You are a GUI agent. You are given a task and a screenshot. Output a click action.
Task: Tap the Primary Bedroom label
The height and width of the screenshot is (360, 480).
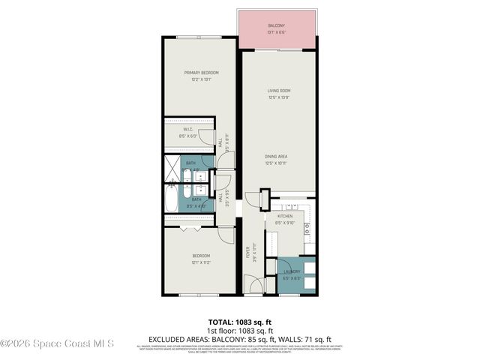(201, 73)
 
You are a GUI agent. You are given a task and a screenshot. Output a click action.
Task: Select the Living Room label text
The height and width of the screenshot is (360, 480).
(279, 91)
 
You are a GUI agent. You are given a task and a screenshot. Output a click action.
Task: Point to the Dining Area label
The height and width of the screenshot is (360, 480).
(279, 157)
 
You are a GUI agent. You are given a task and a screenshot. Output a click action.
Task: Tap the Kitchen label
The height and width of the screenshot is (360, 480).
(284, 216)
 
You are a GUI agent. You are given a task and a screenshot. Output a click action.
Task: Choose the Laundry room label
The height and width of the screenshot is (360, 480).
(291, 271)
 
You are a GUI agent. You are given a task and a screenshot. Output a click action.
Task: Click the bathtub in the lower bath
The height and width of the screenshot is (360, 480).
(172, 200)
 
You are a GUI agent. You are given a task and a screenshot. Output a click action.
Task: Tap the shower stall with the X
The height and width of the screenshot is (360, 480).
(172, 163)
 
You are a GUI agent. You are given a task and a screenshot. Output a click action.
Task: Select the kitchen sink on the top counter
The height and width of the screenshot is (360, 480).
(291, 205)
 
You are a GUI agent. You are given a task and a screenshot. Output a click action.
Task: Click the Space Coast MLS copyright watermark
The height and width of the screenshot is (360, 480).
(57, 344)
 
